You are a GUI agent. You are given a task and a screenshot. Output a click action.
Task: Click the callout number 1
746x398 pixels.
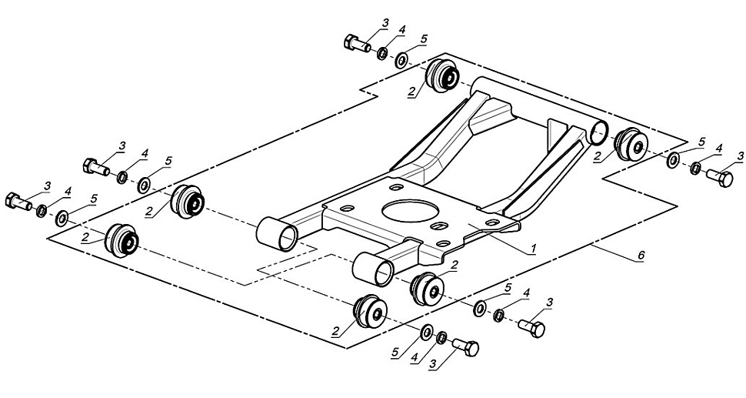533,248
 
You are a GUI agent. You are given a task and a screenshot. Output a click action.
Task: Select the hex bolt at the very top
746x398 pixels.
357,43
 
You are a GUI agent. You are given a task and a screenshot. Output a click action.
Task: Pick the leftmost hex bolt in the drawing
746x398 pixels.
18,201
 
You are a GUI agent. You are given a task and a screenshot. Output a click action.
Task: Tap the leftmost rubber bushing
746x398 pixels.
122,240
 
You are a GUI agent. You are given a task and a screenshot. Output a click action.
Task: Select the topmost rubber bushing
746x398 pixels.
444,76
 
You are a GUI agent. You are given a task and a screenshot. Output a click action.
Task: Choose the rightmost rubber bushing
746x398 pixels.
631,145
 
